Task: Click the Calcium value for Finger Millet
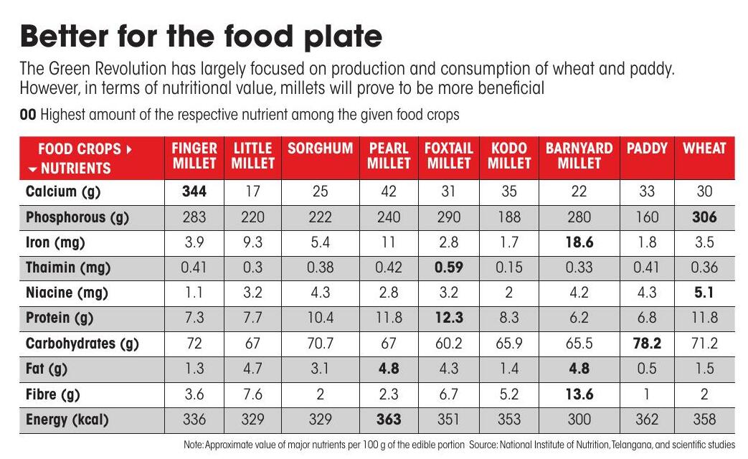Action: pyautogui.click(x=194, y=191)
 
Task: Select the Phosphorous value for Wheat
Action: pyautogui.click(x=704, y=217)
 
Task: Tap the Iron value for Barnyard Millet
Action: pyautogui.click(x=579, y=242)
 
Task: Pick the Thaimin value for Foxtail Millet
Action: pyautogui.click(x=448, y=268)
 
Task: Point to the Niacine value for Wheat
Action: pyautogui.click(x=704, y=293)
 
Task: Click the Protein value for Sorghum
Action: pyautogui.click(x=320, y=318)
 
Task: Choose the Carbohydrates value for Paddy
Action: pyautogui.click(x=647, y=343)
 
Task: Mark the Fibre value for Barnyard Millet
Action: pyautogui.click(x=579, y=394)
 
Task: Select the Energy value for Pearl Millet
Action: pyautogui.click(x=389, y=419)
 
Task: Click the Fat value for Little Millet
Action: pyautogui.click(x=252, y=369)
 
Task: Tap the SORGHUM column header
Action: pyautogui.click(x=320, y=148)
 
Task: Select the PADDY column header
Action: pyautogui.click(x=647, y=148)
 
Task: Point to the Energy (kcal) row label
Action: pyautogui.click(x=67, y=420)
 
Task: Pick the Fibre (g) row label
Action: pyautogui.click(x=52, y=394)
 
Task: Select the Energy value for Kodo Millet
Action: pyautogui.click(x=509, y=419)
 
